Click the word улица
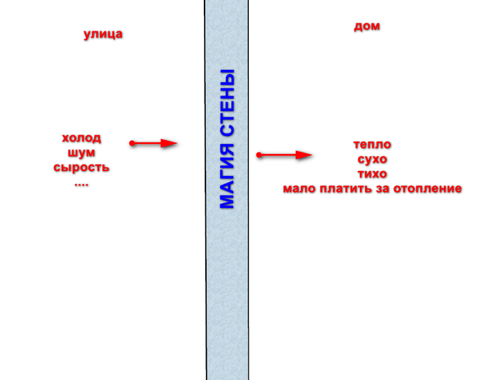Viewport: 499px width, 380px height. (103, 34)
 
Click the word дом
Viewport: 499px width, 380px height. (366, 26)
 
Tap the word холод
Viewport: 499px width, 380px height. (81, 138)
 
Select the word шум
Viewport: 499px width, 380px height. (81, 153)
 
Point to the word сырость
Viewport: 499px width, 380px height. (81, 168)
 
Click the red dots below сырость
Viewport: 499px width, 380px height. (81, 184)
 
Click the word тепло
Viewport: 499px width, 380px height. (372, 145)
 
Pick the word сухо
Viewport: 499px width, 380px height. (372, 159)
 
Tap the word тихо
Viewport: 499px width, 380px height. (372, 174)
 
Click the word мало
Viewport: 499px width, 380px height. (299, 189)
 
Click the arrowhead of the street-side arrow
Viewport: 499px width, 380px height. (169, 143)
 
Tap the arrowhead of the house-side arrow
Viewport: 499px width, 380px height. (304, 155)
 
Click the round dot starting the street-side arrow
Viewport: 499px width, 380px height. (132, 143)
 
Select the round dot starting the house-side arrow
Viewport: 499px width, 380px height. (259, 155)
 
